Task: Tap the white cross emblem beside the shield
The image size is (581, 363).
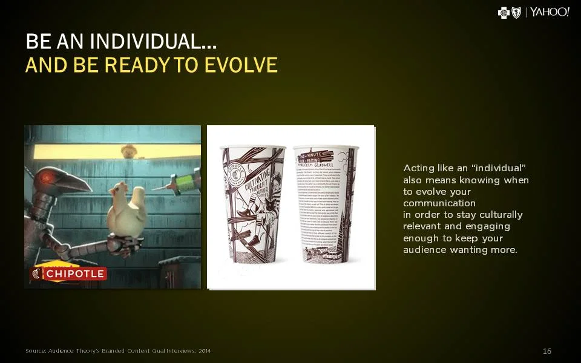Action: [x=504, y=13]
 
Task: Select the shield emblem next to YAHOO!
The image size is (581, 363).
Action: [x=516, y=13]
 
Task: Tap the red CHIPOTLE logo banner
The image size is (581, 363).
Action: [x=69, y=274]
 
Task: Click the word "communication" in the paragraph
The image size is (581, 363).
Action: [x=439, y=203]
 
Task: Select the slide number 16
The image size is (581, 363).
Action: [x=547, y=352]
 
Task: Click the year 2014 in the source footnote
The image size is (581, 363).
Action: [x=205, y=352]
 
